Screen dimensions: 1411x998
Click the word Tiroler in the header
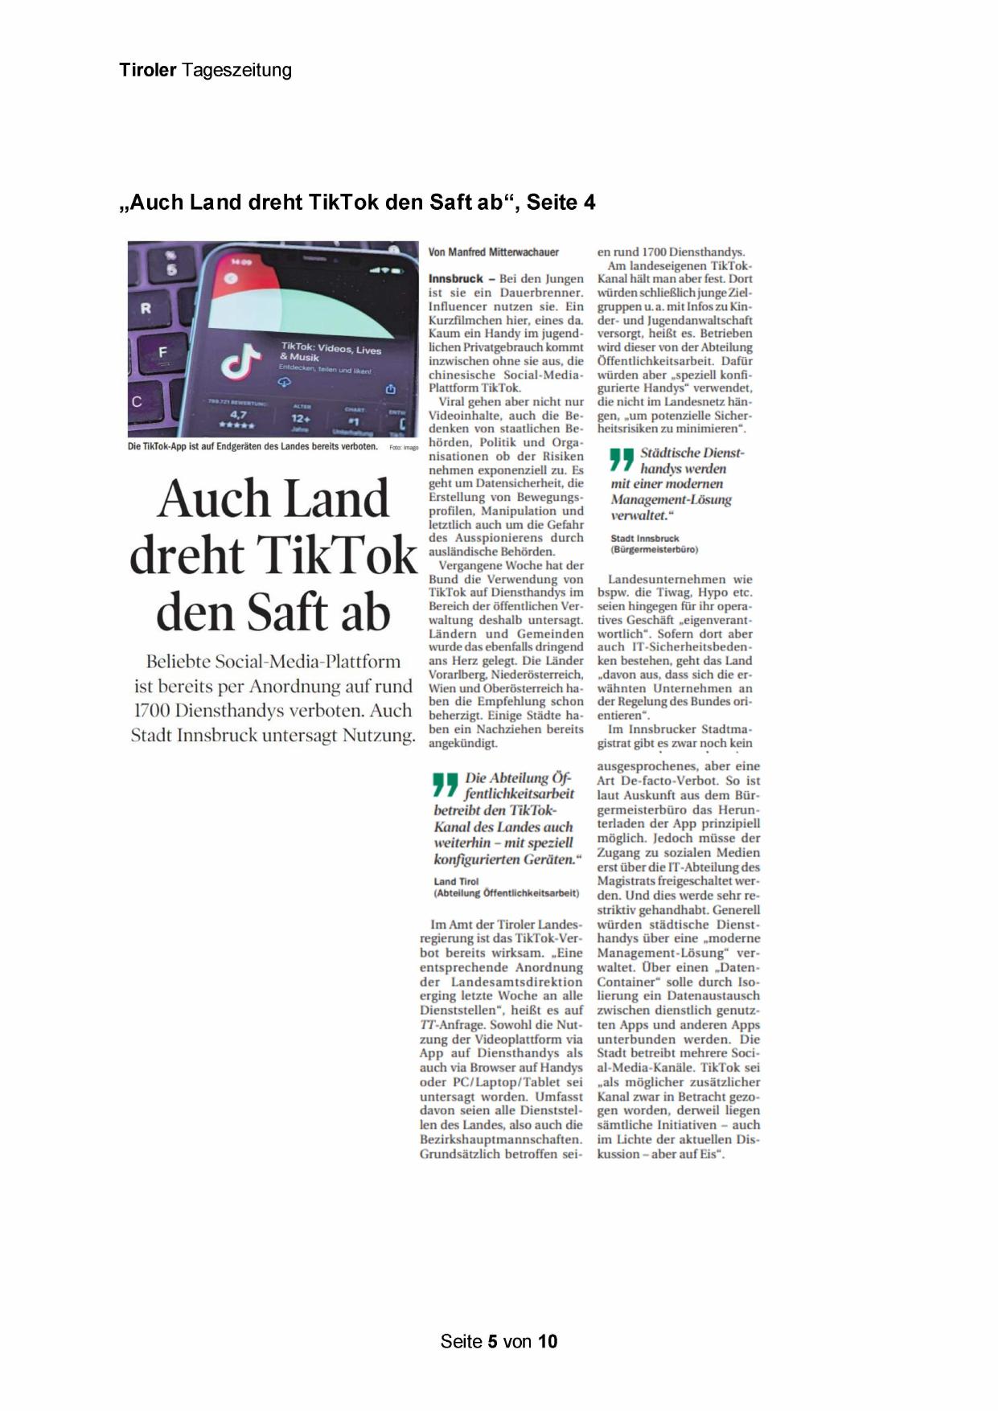[148, 70]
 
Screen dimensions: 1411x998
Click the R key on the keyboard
[146, 308]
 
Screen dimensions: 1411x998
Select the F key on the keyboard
[162, 352]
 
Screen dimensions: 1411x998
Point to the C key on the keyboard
[137, 402]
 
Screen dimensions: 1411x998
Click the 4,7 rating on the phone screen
[238, 415]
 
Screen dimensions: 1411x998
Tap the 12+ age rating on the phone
[301, 418]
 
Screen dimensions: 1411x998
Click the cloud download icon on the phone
[285, 383]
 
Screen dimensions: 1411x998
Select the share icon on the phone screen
[391, 389]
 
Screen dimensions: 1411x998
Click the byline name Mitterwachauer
[524, 252]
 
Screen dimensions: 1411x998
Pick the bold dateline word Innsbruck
[456, 279]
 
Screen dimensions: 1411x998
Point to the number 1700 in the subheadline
[151, 711]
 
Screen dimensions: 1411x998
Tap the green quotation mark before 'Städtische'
[621, 459]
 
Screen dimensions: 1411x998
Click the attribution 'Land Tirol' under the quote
[456, 881]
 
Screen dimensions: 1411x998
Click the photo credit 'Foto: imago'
[404, 448]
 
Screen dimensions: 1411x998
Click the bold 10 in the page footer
[548, 1341]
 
